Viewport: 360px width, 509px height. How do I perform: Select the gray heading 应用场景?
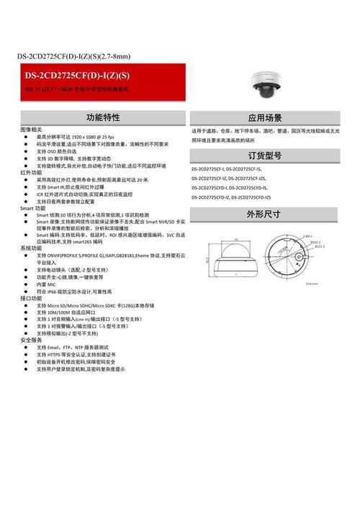click(264, 117)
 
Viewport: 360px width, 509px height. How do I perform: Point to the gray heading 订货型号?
click(264, 156)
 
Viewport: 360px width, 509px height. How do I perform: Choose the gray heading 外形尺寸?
click(264, 213)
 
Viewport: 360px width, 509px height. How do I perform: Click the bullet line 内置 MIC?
click(50, 284)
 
